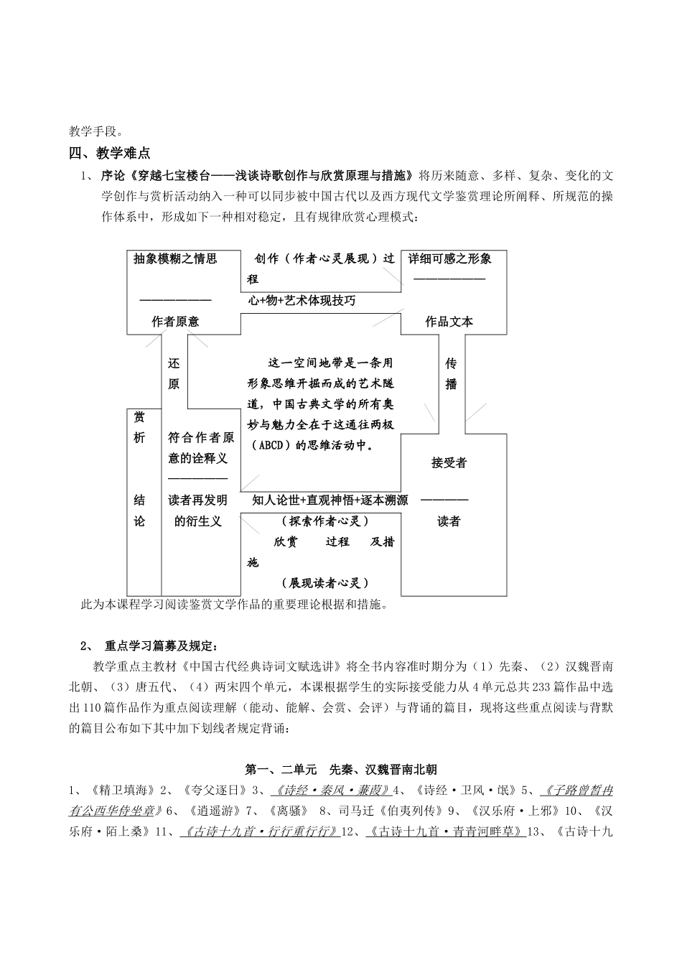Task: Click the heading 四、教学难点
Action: [109, 152]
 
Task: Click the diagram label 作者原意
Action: [175, 322]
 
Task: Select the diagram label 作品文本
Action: [449, 322]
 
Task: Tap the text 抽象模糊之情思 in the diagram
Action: [175, 259]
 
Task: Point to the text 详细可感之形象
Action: [449, 259]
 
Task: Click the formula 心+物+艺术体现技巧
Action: [302, 301]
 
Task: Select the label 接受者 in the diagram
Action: [449, 463]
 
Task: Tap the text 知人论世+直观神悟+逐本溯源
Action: [330, 500]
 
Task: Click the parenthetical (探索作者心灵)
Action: [321, 521]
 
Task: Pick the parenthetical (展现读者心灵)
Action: [321, 583]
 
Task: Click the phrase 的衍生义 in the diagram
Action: [198, 521]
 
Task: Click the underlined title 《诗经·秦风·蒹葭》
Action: [331, 791]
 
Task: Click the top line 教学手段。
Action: [96, 131]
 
